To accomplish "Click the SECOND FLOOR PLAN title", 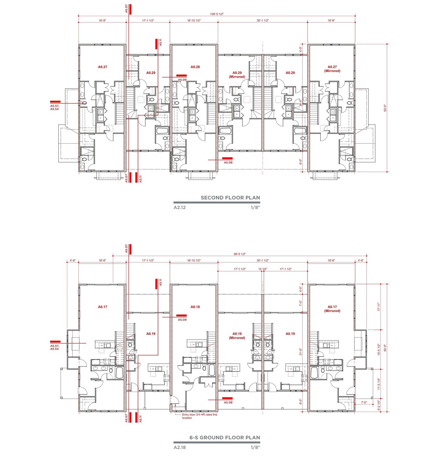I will tap(230, 198).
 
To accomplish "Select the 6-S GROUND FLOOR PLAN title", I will tap(225, 437).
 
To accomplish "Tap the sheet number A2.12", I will tap(179, 208).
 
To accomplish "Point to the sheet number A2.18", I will tap(179, 447).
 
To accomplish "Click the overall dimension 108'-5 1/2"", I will tap(217, 14).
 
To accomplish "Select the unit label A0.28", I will tap(195, 67).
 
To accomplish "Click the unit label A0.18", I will tap(195, 307).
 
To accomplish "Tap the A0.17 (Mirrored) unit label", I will tap(332, 309).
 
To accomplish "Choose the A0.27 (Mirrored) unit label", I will tap(332, 69).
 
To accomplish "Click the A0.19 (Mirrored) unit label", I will tap(237, 336).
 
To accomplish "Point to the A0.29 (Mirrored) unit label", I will tap(237, 75).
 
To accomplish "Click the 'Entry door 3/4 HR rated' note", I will tap(199, 416).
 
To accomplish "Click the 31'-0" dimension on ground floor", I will tap(300, 353).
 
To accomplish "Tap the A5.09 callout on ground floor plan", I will tap(182, 319).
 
